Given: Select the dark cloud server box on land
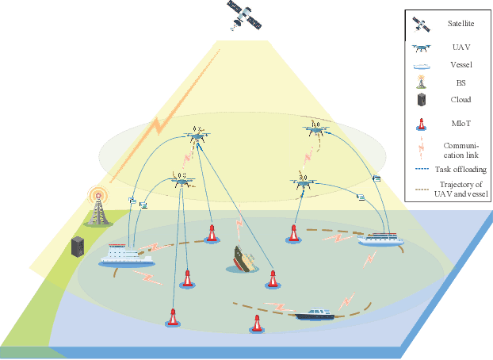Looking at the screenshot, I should (78, 247).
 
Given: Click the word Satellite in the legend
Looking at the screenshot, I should (459, 25).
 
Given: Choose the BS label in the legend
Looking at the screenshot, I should (459, 82).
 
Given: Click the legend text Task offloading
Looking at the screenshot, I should (461, 170).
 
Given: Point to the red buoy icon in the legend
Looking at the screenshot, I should (422, 124).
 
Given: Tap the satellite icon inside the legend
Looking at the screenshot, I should (422, 25).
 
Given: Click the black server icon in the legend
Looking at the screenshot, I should (422, 100).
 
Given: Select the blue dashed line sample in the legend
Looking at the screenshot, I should (422, 170).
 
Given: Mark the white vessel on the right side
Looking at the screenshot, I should (382, 236).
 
